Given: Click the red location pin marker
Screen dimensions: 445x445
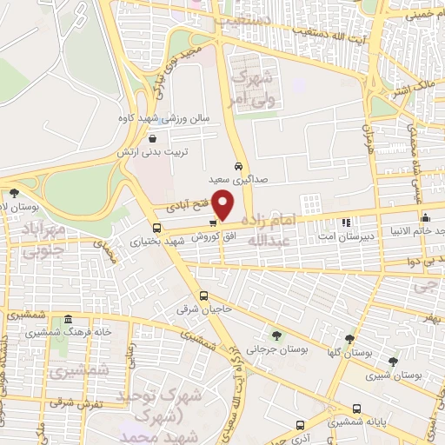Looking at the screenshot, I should [224, 205].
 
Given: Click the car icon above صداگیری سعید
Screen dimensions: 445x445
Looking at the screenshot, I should [238, 165].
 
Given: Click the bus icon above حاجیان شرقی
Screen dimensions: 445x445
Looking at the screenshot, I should [204, 296].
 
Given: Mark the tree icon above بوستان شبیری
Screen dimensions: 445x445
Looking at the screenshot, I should [394, 362].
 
